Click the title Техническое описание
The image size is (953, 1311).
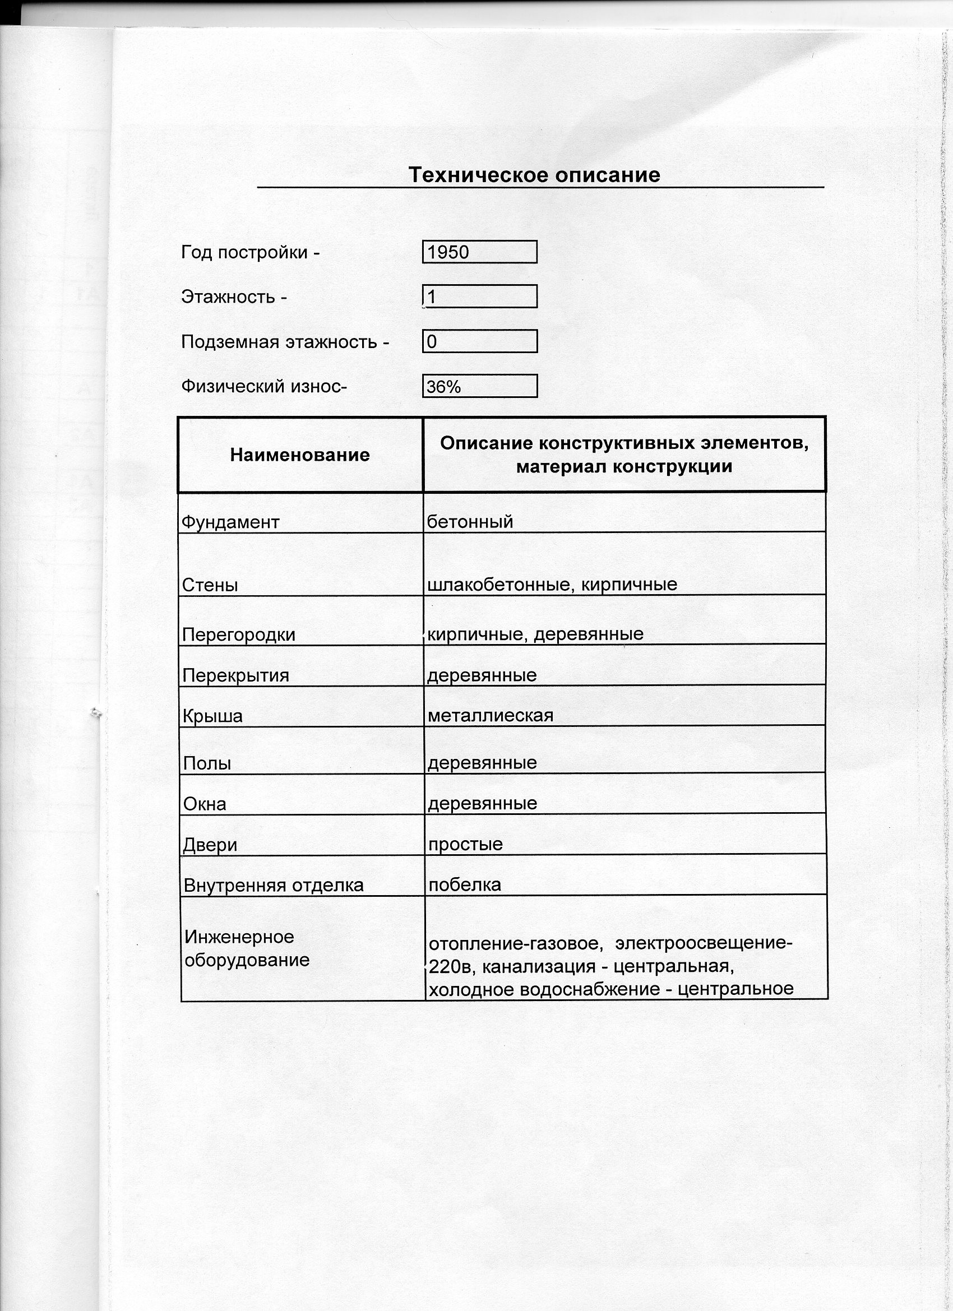pyautogui.click(x=534, y=174)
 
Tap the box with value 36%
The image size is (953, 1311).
pyautogui.click(x=479, y=386)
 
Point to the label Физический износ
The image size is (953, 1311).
pyautogui.click(x=263, y=386)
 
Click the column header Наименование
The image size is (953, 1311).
pyautogui.click(x=299, y=455)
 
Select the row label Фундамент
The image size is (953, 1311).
pyautogui.click(x=230, y=522)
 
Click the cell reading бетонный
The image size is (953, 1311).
pyautogui.click(x=470, y=522)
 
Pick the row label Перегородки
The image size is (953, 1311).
pyautogui.click(x=238, y=634)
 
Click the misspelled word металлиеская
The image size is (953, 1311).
pyautogui.click(x=491, y=716)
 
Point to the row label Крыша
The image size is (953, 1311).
pyautogui.click(x=212, y=716)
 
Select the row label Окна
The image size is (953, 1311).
pyautogui.click(x=204, y=804)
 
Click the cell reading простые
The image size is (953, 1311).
pyautogui.click(x=465, y=845)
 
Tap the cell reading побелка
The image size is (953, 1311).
pyautogui.click(x=464, y=885)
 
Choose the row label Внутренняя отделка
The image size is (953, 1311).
pyautogui.click(x=273, y=886)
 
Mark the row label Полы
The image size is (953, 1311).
pyautogui.click(x=206, y=763)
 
